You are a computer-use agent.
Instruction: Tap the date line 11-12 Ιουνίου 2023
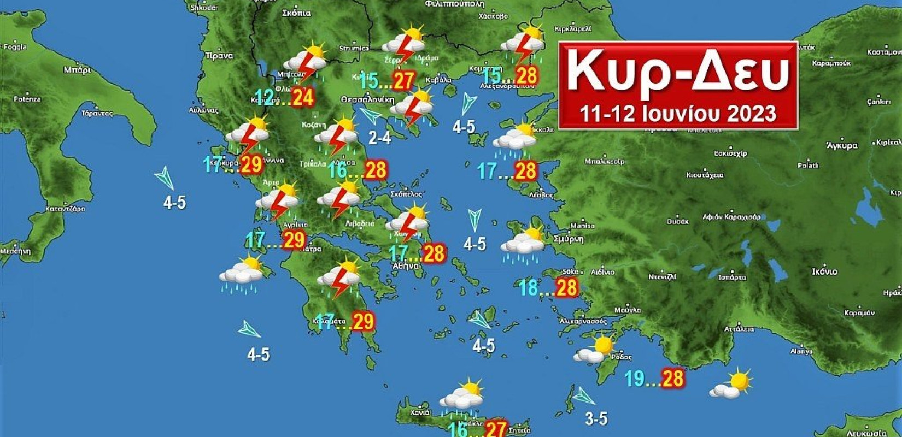pyautogui.click(x=678, y=113)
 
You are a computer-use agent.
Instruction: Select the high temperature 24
pyautogui.click(x=302, y=97)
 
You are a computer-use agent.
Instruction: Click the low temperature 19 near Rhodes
pyautogui.click(x=635, y=378)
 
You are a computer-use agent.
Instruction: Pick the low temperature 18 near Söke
pyautogui.click(x=529, y=287)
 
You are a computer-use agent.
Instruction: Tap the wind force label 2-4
pyautogui.click(x=379, y=138)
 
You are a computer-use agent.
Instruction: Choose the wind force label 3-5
pyautogui.click(x=596, y=419)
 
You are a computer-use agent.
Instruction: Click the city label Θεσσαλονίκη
pyautogui.click(x=367, y=100)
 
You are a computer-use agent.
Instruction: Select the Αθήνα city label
pyautogui.click(x=406, y=266)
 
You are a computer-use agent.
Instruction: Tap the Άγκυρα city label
pyautogui.click(x=842, y=145)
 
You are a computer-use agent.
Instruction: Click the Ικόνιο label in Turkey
pyautogui.click(x=824, y=271)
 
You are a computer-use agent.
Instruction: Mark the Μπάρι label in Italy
pyautogui.click(x=77, y=70)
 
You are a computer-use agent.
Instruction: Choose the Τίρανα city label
pyautogui.click(x=219, y=56)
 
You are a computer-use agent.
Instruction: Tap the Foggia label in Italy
pyautogui.click(x=15, y=47)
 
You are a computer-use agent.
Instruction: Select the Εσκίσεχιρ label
pyautogui.click(x=730, y=153)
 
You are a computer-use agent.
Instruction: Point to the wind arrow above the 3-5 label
pyautogui.click(x=583, y=395)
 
